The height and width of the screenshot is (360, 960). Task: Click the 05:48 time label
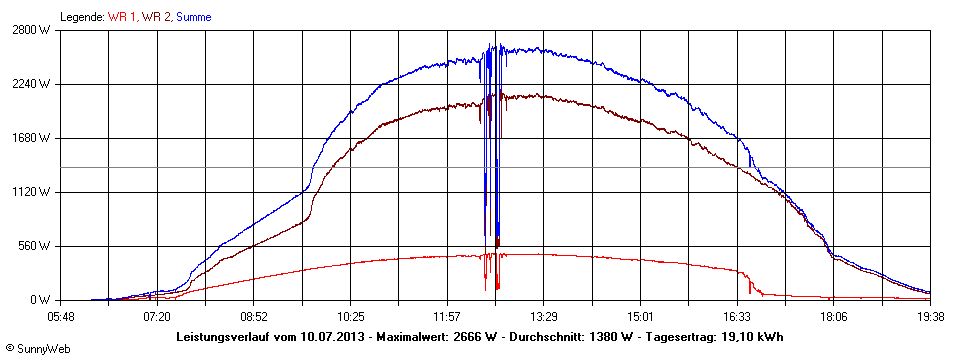(61, 316)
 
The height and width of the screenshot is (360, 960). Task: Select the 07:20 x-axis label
(157, 316)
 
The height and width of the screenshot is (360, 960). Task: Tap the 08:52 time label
(254, 316)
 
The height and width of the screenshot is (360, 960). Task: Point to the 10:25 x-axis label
(351, 316)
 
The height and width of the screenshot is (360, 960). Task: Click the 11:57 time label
(447, 316)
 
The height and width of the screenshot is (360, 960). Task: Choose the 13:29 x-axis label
(544, 316)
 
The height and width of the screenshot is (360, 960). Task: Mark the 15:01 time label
(640, 316)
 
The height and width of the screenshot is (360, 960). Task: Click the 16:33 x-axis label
(737, 316)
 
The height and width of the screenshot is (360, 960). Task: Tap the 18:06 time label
(834, 316)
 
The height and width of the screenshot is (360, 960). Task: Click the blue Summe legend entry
(193, 17)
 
